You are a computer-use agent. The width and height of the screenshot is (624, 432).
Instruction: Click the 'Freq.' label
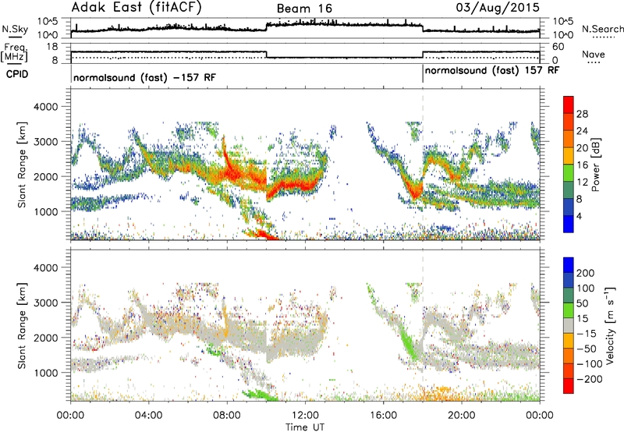click(x=14, y=48)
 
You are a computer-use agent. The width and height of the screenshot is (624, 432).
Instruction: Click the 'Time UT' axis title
click(x=306, y=427)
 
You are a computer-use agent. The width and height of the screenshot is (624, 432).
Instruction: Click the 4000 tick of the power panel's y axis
click(x=52, y=105)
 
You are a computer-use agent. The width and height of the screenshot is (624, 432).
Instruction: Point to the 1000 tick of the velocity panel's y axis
click(x=52, y=373)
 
